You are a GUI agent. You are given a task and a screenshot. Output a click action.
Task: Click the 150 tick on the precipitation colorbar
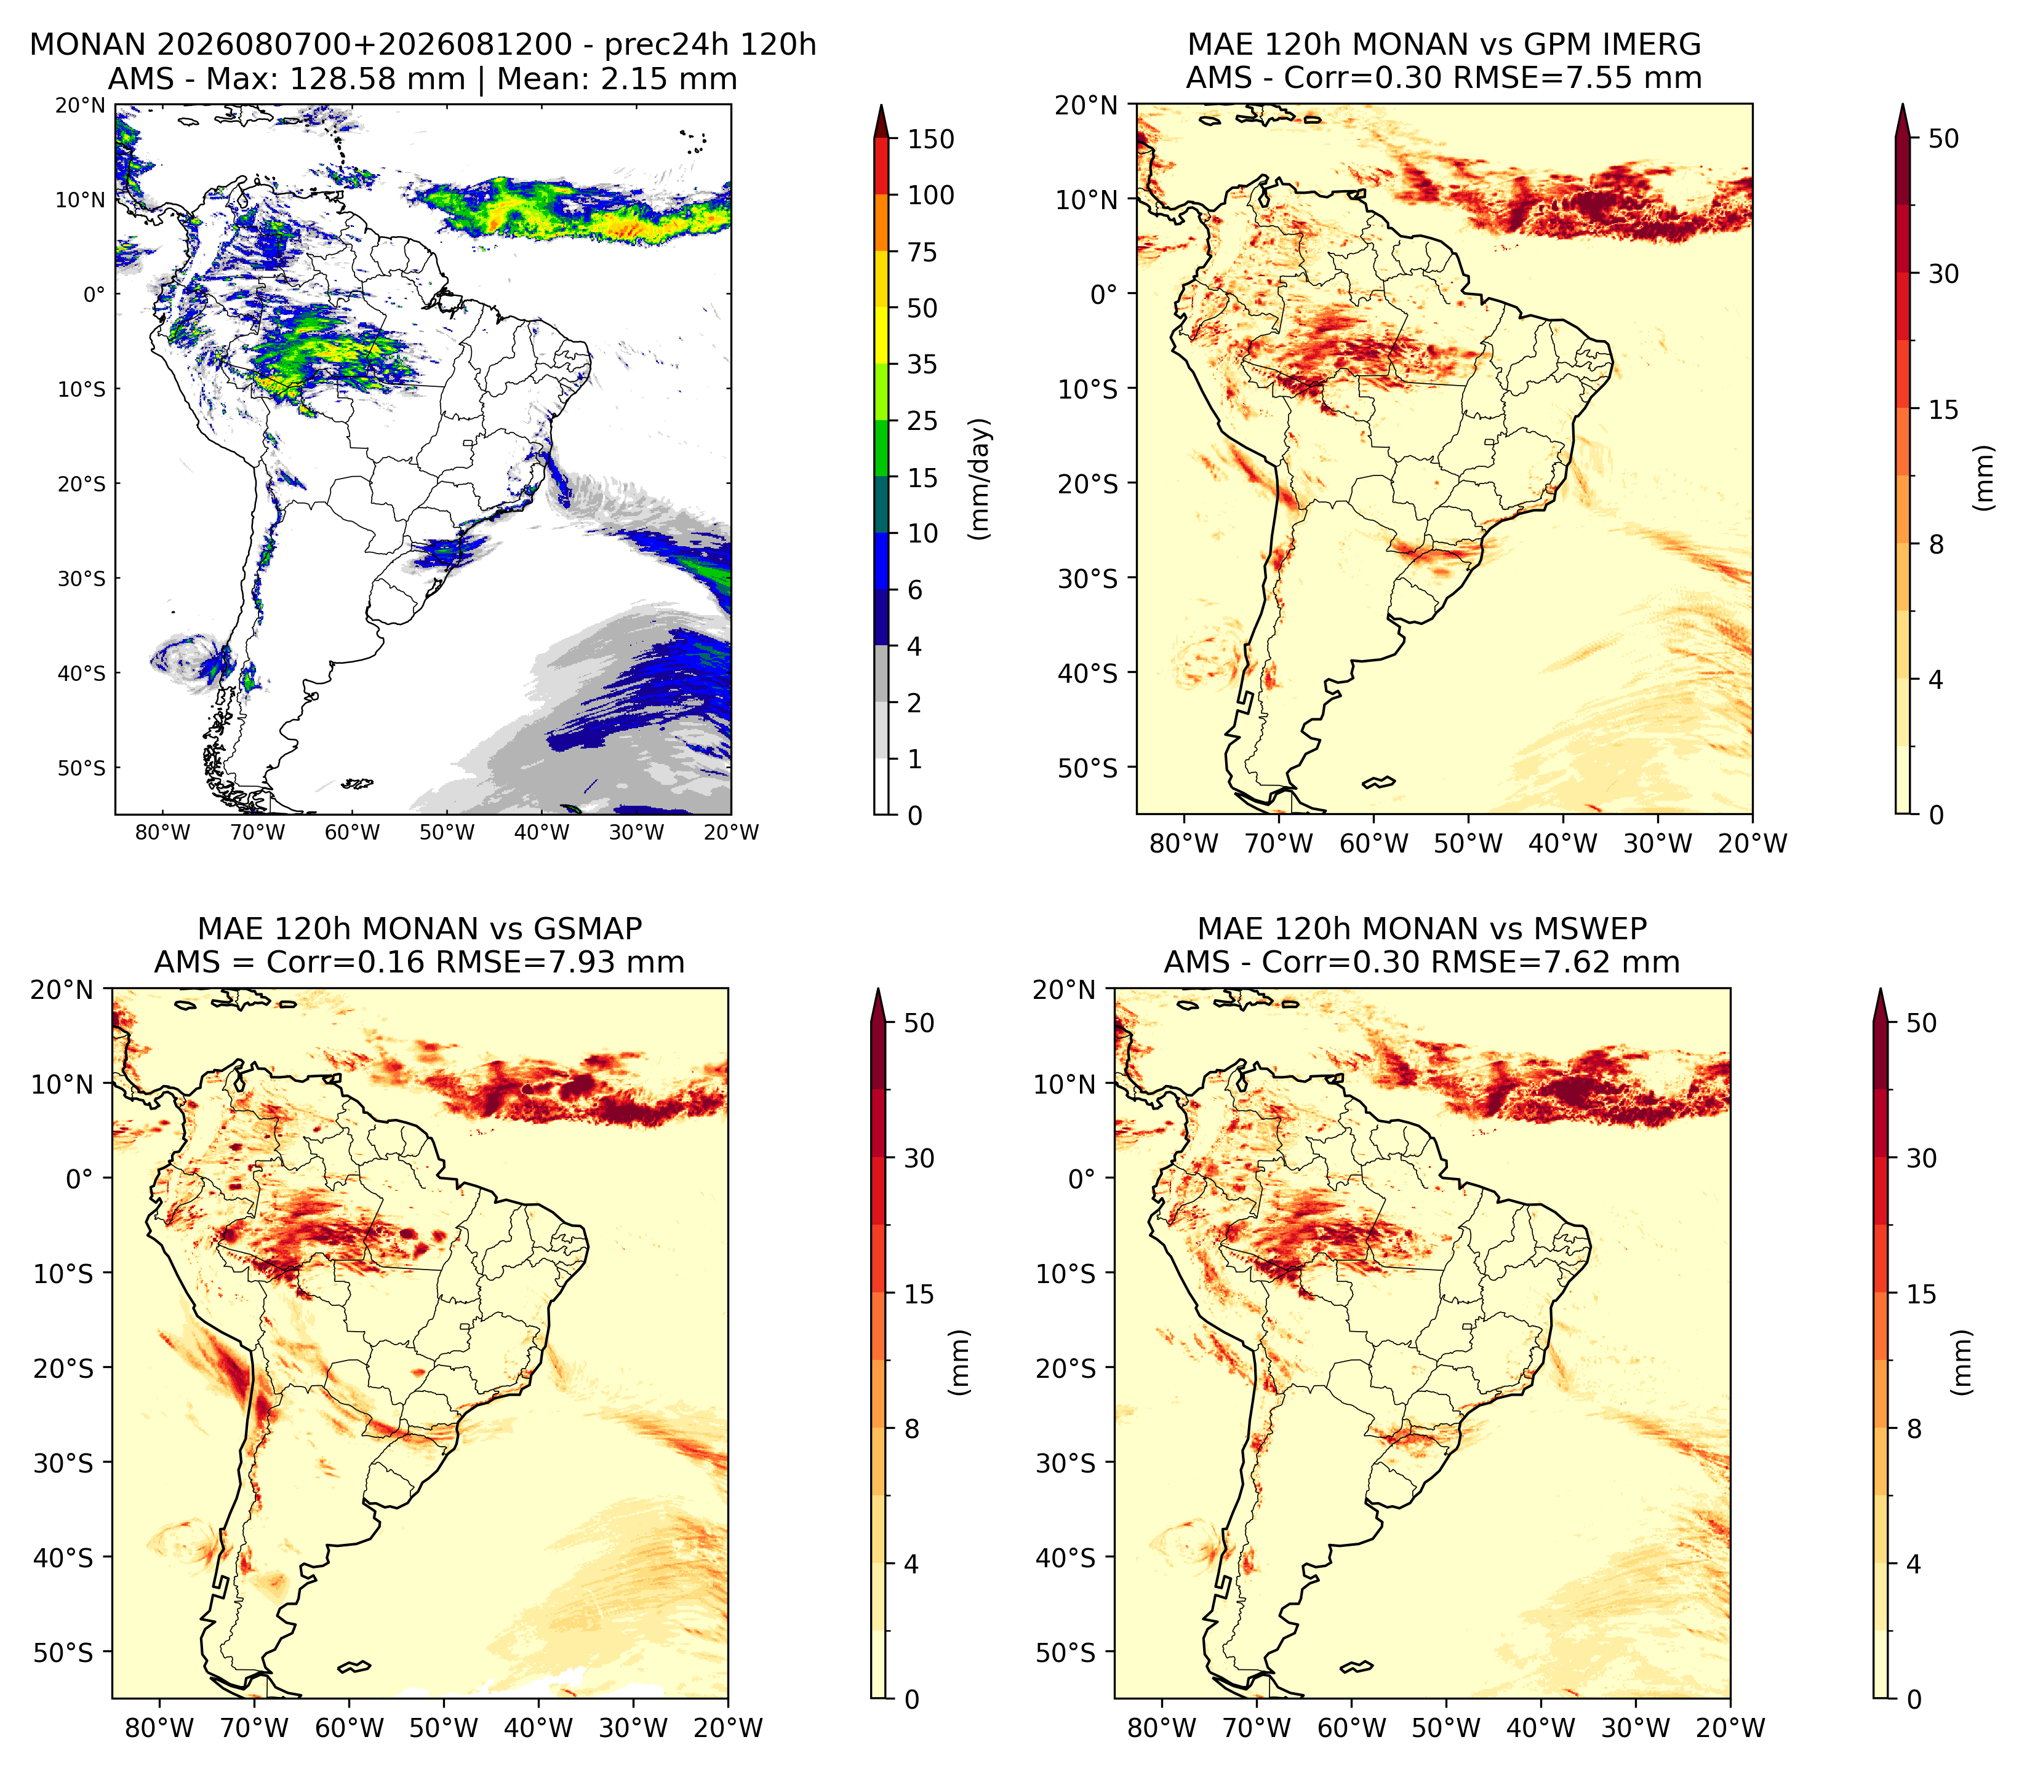point(931,139)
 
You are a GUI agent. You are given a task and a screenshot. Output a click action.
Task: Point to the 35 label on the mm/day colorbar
point(922,364)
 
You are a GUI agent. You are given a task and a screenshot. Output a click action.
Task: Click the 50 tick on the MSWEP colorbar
point(1921,1023)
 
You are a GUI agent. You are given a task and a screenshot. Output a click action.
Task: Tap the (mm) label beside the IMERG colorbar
point(1983,478)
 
